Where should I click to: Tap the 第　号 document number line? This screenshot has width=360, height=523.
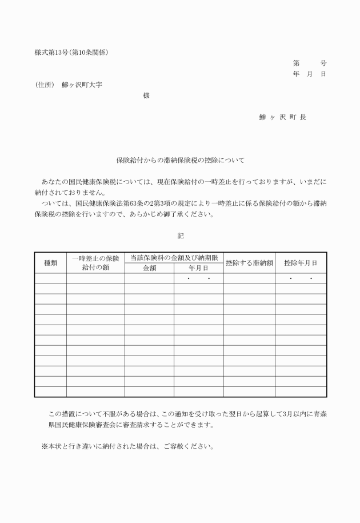point(309,63)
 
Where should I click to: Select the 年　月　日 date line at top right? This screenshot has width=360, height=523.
point(309,74)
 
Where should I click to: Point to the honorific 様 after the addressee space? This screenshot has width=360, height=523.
point(146,95)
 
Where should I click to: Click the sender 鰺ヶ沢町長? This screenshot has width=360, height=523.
point(282,117)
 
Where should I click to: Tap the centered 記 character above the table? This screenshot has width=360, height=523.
point(181,235)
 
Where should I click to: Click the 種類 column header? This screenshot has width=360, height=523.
point(50,263)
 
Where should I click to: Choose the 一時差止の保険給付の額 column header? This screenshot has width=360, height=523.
point(95,263)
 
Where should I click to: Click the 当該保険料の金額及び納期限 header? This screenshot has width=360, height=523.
point(174,258)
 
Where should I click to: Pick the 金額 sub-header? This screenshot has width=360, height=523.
point(149,268)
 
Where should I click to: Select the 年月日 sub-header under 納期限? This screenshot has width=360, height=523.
point(198,268)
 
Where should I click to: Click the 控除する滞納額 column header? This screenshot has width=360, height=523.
point(249,263)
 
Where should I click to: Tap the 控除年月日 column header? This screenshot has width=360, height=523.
point(301,263)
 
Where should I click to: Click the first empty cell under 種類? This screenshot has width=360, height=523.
point(50,278)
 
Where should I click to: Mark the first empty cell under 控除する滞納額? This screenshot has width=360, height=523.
point(249,278)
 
